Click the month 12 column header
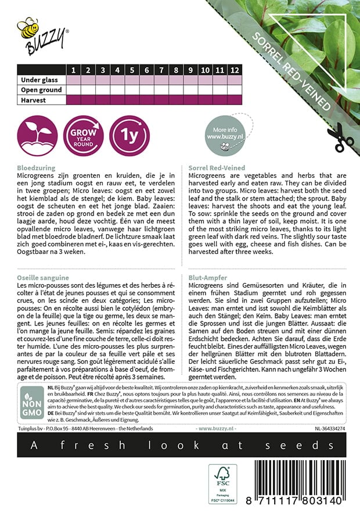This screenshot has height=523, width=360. pyautogui.click(x=234, y=70)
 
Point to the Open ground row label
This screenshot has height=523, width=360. pyautogui.click(x=41, y=90)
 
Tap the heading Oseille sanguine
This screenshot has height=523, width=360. pyautogui.click(x=43, y=278)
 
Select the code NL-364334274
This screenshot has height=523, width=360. pyautogui.click(x=323, y=429)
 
